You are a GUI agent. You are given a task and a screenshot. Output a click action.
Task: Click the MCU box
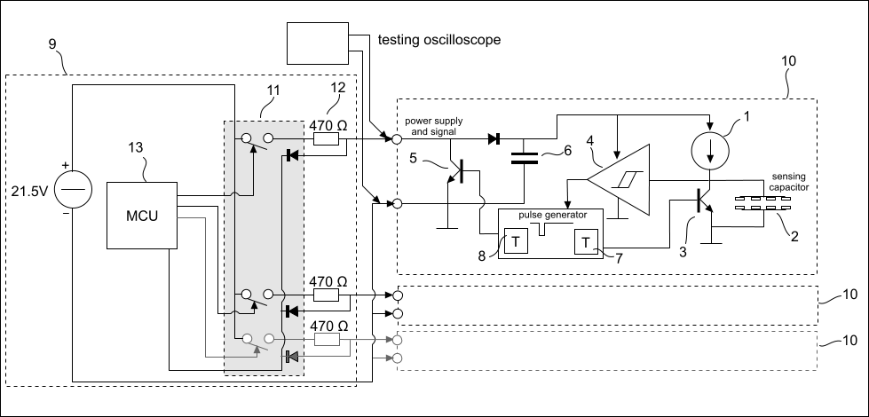[x=141, y=216]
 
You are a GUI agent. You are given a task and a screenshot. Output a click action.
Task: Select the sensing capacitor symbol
[x=752, y=206]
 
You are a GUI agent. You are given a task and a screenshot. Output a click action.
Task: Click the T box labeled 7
[x=586, y=240]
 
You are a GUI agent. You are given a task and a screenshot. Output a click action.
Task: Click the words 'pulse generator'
[x=549, y=216]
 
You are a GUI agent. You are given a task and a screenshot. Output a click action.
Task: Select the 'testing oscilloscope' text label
[x=438, y=40]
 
